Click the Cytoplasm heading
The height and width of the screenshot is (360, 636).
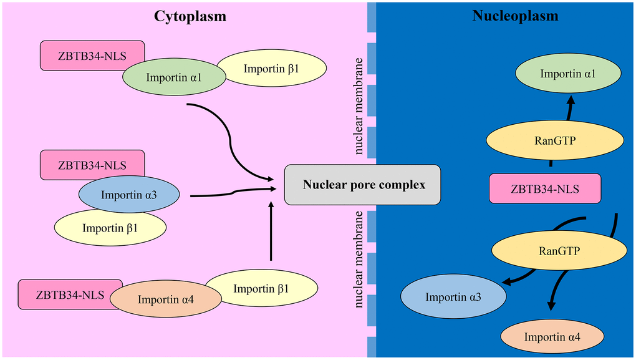coord(190,16)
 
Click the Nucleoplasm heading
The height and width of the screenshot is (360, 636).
coord(506,16)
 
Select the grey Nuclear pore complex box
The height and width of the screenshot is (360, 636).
coord(362,185)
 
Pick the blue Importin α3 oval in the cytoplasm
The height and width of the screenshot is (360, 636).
coord(129,196)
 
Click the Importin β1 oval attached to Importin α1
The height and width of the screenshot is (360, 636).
coord(271,68)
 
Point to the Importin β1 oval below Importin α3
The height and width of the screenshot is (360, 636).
coord(110,228)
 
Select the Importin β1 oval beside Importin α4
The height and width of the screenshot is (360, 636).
coord(261,289)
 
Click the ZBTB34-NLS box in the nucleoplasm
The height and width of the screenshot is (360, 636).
coord(546,188)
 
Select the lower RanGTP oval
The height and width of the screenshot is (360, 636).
coord(558,251)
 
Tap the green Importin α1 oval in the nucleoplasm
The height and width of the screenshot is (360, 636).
coord(567,74)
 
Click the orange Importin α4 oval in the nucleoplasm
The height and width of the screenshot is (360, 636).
coord(552,337)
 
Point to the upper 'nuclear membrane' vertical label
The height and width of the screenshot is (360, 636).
coord(359,106)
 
